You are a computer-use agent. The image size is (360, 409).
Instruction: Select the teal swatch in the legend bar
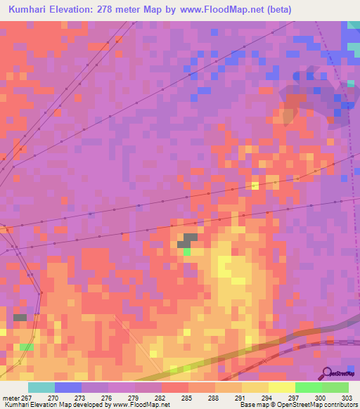tap(41, 387)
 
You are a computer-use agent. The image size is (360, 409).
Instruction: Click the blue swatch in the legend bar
tap(68, 387)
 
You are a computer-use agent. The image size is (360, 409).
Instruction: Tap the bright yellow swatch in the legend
tap(281, 387)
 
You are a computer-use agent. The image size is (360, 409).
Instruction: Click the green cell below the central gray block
tap(187, 251)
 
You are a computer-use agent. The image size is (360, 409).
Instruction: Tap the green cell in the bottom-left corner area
tap(26, 347)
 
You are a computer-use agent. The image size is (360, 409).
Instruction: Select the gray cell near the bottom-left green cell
tap(20, 318)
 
